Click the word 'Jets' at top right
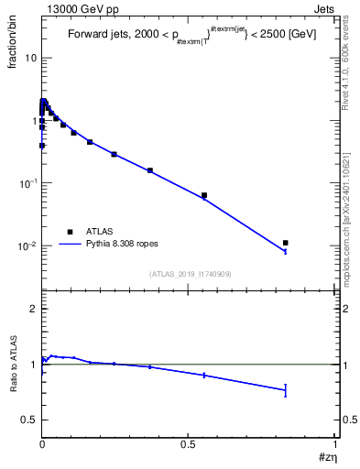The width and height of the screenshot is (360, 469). point(324,7)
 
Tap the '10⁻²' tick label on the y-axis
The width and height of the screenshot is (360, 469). point(27,245)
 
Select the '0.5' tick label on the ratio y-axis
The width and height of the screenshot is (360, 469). point(28,420)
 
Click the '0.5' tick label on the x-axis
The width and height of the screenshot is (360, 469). point(189,446)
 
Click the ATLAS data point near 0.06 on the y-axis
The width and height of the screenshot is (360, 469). point(203,195)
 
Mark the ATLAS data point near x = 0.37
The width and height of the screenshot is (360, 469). point(150,170)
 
